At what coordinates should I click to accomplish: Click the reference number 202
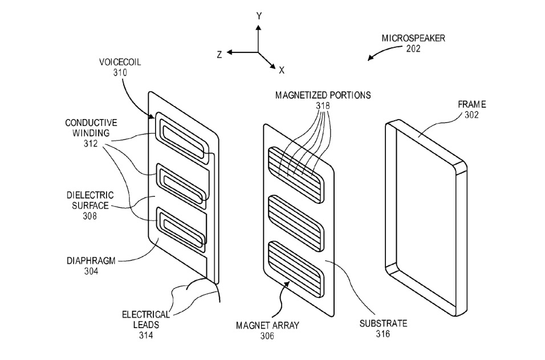pyautogui.click(x=413, y=48)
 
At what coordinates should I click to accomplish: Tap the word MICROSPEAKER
pyautogui.click(x=413, y=38)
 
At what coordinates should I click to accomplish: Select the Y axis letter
pyautogui.click(x=259, y=16)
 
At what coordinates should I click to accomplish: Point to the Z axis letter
pyautogui.click(x=219, y=55)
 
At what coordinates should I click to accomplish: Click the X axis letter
pyautogui.click(x=282, y=71)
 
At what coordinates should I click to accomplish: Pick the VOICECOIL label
pyautogui.click(x=120, y=62)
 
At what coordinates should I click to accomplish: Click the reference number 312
pyautogui.click(x=91, y=144)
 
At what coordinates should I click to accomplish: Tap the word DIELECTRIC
pyautogui.click(x=90, y=195)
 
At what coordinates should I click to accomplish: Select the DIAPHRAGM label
pyautogui.click(x=91, y=261)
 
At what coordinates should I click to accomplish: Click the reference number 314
pyautogui.click(x=146, y=336)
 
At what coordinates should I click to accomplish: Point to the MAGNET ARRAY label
pyautogui.click(x=267, y=326)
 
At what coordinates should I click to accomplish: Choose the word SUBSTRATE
pyautogui.click(x=383, y=324)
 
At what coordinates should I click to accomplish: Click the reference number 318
pyautogui.click(x=323, y=105)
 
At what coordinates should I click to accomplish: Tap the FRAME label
pyautogui.click(x=471, y=104)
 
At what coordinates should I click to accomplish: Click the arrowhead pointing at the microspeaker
pyautogui.click(x=371, y=58)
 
